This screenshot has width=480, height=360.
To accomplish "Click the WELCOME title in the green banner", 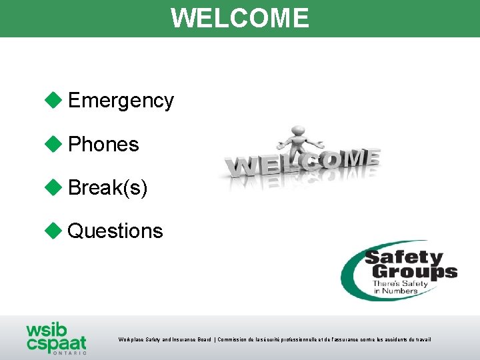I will (x=240, y=18).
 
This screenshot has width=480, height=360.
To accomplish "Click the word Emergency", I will (x=121, y=101).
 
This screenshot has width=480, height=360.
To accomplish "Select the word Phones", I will (x=103, y=144).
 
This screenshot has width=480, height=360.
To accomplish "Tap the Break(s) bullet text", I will (x=107, y=188).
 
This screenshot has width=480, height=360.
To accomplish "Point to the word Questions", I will (x=115, y=231).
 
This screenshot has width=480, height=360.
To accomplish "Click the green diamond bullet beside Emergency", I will (x=53, y=100).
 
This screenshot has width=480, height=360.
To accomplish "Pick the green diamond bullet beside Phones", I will (x=53, y=143).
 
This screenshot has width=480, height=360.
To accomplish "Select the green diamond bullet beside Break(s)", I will (x=53, y=187).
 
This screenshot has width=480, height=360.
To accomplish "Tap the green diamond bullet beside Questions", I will (x=53, y=231).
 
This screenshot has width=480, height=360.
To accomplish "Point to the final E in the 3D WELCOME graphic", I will (x=371, y=157).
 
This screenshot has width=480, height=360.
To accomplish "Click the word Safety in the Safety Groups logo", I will (x=403, y=258).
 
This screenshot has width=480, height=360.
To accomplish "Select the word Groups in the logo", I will (x=413, y=271).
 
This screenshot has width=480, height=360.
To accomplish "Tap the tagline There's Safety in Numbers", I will (x=400, y=287).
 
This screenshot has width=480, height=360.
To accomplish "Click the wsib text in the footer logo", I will (x=46, y=331).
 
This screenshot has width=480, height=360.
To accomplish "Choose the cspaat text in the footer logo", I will (x=56, y=343).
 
